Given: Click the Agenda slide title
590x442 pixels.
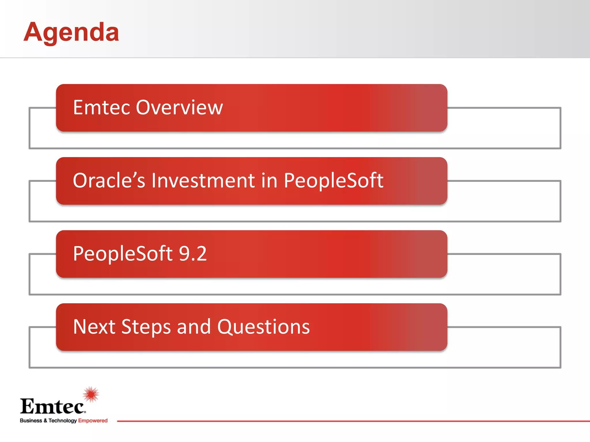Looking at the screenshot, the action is click(x=71, y=32).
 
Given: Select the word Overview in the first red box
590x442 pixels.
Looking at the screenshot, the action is click(x=179, y=107).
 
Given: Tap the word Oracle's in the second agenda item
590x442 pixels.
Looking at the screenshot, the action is click(x=109, y=180).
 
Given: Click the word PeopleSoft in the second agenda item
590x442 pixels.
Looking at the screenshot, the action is click(x=334, y=180).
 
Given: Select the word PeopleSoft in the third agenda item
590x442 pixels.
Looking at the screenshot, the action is click(x=123, y=254).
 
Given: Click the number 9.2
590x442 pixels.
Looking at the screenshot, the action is click(x=193, y=254).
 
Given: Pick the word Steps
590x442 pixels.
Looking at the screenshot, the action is click(x=146, y=327).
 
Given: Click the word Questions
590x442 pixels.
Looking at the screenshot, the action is click(x=263, y=327).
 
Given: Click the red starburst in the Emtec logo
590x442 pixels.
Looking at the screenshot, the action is click(x=91, y=394).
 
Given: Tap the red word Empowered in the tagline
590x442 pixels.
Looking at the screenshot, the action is click(x=93, y=421).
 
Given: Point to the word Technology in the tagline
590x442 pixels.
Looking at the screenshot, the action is click(x=63, y=421).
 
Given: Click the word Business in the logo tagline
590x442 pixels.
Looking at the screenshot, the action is click(x=31, y=420).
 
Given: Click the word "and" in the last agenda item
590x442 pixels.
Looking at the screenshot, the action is click(x=194, y=327).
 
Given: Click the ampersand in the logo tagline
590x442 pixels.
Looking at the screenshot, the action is click(x=45, y=420).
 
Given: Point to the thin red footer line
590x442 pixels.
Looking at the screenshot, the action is click(x=353, y=421).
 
